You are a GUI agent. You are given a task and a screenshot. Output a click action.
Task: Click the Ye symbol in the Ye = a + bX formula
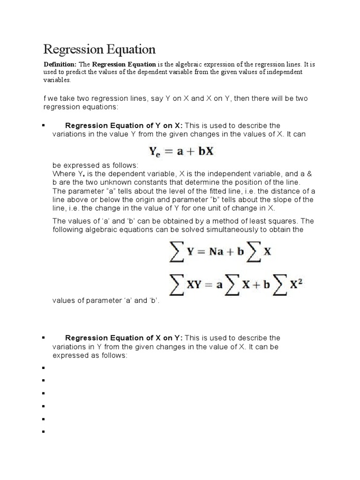click(155, 152)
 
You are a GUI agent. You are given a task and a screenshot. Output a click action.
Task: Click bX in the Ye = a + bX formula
click(205, 151)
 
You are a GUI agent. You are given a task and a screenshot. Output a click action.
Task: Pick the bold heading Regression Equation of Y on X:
click(124, 126)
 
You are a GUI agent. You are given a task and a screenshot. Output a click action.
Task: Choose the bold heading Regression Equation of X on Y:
click(124, 338)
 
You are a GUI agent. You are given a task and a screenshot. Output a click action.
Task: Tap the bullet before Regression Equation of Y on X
click(43, 125)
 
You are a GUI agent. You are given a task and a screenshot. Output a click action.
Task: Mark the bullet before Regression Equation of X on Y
click(43, 337)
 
